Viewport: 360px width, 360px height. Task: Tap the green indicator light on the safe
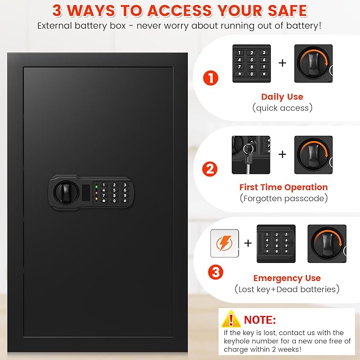tap(96, 186)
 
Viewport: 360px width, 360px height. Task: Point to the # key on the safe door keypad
tap(125, 200)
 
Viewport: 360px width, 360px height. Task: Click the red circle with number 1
tap(210, 78)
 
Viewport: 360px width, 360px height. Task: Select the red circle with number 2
tap(210, 170)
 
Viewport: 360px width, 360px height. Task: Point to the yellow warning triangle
tap(231, 320)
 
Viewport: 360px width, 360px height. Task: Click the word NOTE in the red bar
tap(260, 320)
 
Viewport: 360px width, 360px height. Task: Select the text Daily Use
tap(282, 96)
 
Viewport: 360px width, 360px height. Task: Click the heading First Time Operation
tap(283, 187)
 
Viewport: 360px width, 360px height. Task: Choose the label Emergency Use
tap(287, 278)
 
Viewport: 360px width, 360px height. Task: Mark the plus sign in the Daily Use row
tap(282, 63)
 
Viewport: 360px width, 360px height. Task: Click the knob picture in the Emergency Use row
tap(328, 243)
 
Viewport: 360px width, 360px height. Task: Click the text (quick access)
tap(282, 108)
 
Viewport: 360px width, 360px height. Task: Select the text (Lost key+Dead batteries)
tap(287, 289)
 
